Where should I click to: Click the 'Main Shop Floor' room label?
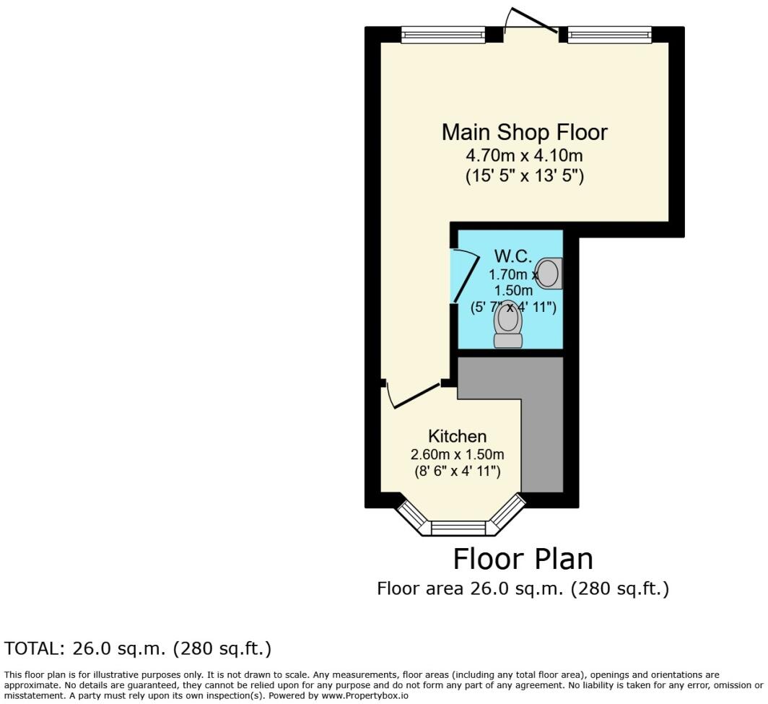click(x=524, y=133)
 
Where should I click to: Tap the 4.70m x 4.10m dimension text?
click(x=524, y=155)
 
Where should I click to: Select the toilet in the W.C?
click(x=508, y=326)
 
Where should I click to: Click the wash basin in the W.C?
click(x=550, y=274)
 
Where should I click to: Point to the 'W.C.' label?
click(x=512, y=256)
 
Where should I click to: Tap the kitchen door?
click(x=414, y=396)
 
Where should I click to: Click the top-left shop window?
click(x=443, y=35)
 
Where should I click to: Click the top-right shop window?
click(x=610, y=35)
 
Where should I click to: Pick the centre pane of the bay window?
click(x=459, y=528)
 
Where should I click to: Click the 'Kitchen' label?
click(x=457, y=437)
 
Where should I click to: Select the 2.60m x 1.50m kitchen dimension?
click(x=457, y=455)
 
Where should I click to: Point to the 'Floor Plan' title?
click(x=523, y=560)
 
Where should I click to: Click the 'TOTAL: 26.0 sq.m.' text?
click(x=138, y=648)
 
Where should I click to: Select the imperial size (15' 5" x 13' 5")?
click(x=524, y=175)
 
